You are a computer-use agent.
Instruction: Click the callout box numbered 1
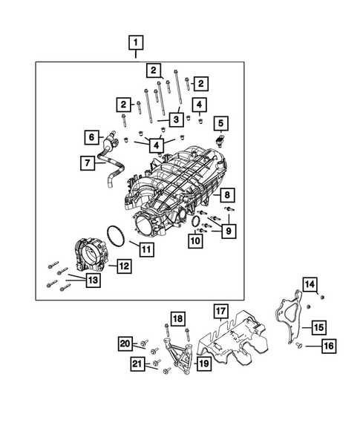click(x=135, y=42)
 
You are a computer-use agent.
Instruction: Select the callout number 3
click(x=176, y=119)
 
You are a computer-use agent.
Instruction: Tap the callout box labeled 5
click(x=220, y=122)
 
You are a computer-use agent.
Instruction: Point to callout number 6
click(x=92, y=137)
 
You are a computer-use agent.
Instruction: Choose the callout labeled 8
click(x=228, y=195)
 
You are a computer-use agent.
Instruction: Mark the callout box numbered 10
click(x=194, y=240)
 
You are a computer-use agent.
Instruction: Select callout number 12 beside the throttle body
click(x=124, y=264)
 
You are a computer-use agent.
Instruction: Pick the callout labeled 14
click(x=310, y=285)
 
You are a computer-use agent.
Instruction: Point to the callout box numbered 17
click(x=220, y=310)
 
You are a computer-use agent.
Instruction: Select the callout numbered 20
click(x=125, y=343)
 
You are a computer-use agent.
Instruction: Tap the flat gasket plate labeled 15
click(x=289, y=320)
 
